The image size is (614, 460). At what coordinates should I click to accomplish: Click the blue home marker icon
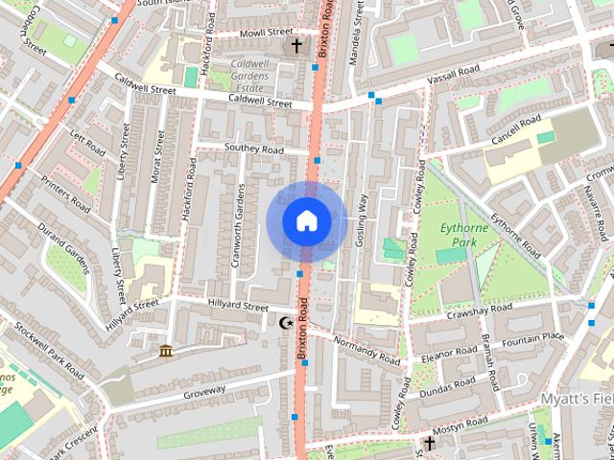pyautogui.click(x=305, y=219)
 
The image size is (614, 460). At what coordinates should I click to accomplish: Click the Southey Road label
pyautogui.click(x=254, y=149)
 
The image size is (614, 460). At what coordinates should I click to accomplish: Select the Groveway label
pyautogui.click(x=204, y=390)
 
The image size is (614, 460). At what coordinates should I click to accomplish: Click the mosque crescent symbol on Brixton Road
pyautogui.click(x=284, y=324)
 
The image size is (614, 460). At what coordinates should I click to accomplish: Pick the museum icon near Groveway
pyautogui.click(x=167, y=352)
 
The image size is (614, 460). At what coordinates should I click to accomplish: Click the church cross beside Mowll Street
pyautogui.click(x=296, y=45)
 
